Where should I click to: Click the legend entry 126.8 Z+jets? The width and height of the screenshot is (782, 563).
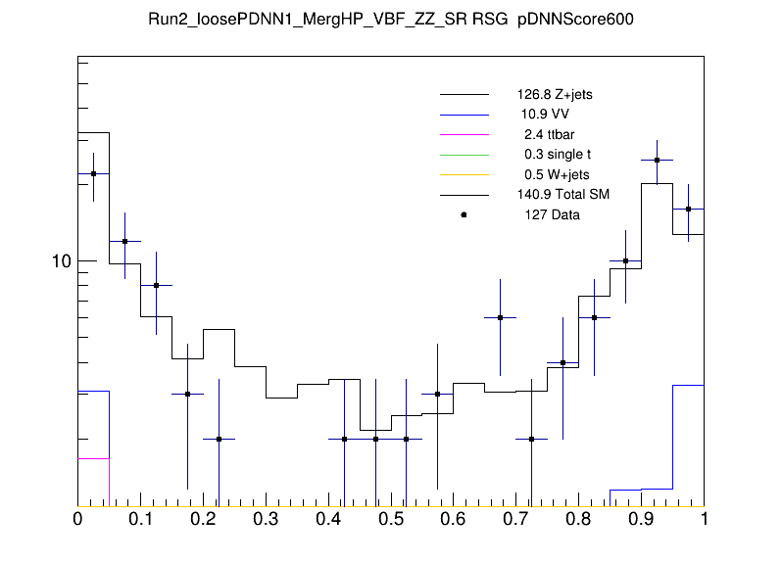[554, 95]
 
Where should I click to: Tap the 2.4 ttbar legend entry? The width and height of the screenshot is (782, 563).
[548, 134]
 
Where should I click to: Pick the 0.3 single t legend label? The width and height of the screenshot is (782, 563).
[557, 155]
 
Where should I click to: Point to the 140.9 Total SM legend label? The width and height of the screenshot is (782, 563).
[562, 195]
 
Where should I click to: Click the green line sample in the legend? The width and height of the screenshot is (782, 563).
[464, 155]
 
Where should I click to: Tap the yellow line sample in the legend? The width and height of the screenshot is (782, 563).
[464, 174]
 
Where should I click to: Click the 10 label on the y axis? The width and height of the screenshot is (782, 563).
[61, 261]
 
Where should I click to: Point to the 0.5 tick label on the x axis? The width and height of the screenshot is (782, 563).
[391, 520]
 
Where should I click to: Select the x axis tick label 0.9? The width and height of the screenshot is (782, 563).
[642, 520]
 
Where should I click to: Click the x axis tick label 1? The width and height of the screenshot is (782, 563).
[704, 520]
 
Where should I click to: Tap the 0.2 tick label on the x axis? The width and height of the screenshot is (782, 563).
[203, 520]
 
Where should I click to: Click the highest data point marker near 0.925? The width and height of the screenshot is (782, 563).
[657, 160]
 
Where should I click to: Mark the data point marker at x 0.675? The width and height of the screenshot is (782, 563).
[500, 317]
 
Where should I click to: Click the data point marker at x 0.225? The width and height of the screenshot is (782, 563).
[219, 440]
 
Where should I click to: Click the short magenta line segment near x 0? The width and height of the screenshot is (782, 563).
[93, 458]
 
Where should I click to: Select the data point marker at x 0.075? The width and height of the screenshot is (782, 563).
[124, 241]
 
